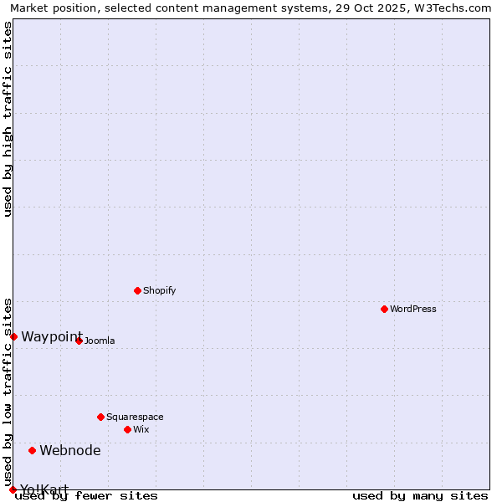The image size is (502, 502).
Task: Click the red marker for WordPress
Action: point(384,309)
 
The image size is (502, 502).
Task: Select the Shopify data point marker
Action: point(137,290)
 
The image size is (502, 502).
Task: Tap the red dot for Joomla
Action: point(79,341)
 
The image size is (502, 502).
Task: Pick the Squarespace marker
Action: point(100,417)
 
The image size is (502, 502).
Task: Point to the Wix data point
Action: point(127,429)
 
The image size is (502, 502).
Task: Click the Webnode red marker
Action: point(33,450)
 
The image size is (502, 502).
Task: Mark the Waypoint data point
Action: point(13,336)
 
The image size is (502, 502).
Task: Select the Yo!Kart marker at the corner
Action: point(13,489)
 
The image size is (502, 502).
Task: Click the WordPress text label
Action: point(412,309)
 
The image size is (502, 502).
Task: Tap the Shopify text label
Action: point(159,290)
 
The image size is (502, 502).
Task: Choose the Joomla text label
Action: point(99,341)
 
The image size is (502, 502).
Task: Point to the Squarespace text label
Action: point(135,417)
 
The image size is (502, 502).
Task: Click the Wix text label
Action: point(141,429)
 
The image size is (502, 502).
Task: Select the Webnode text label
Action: point(70,450)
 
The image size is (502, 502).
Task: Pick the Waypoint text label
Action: point(52,336)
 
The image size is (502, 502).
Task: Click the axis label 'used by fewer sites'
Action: point(86,495)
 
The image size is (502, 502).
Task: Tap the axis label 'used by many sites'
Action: point(420,495)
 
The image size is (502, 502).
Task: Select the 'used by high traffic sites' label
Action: point(8,119)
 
